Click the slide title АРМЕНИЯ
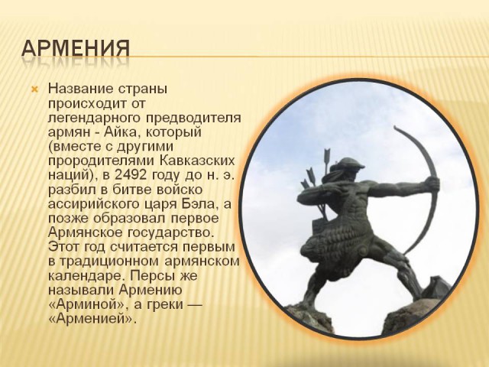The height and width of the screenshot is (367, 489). (x=75, y=48)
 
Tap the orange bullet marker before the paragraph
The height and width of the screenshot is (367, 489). (x=34, y=90)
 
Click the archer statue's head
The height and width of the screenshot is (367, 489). (x=351, y=171)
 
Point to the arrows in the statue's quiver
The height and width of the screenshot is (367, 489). (x=314, y=172)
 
